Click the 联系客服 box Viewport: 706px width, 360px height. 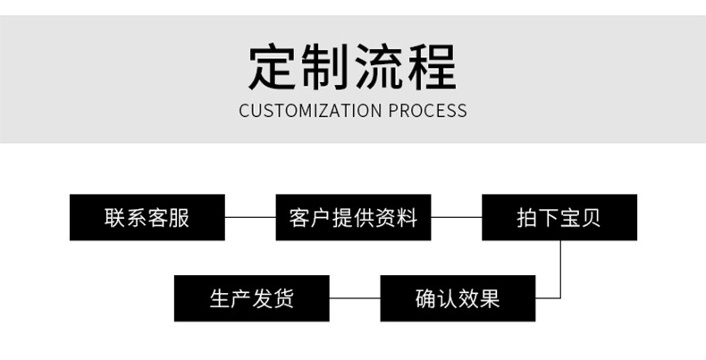click(x=147, y=217)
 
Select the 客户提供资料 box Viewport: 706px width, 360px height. click(x=353, y=217)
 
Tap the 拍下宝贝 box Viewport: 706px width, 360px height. click(x=559, y=217)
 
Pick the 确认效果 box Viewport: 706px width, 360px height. click(x=458, y=298)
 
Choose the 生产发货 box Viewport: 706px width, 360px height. click(x=251, y=298)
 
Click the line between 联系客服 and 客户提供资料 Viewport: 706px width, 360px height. click(x=249, y=217)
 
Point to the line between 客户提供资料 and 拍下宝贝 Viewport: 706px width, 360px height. click(x=456, y=217)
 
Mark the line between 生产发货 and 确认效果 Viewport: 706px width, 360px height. click(x=355, y=298)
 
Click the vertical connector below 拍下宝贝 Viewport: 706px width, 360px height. click(x=560, y=268)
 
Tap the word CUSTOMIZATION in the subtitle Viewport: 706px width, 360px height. click(x=309, y=112)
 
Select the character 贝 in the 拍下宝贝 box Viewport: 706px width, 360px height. click(x=592, y=217)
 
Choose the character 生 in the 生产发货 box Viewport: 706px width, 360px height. click(x=219, y=298)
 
